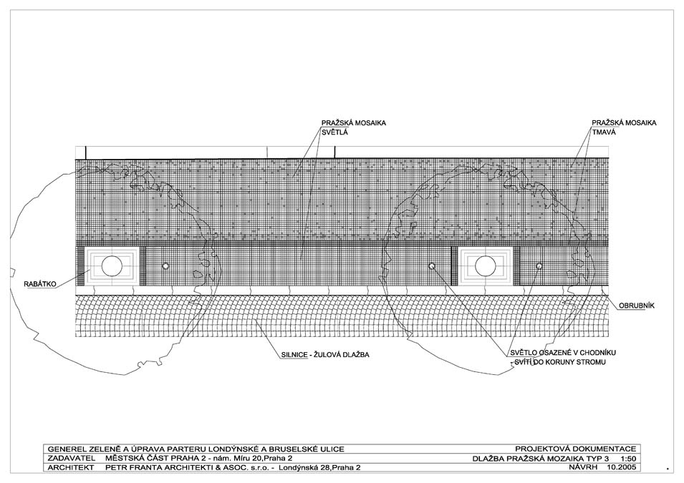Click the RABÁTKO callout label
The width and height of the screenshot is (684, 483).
(40, 284)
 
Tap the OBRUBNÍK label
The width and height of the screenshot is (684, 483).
(637, 306)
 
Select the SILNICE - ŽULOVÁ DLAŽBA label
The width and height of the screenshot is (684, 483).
(325, 355)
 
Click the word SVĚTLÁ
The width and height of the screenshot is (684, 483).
(335, 132)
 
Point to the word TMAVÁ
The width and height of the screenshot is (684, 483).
(604, 132)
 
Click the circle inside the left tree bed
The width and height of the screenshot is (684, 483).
(112, 266)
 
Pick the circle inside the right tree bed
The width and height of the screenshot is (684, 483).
(485, 266)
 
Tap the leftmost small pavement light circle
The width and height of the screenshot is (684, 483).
(165, 266)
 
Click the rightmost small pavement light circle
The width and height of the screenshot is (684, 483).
(539, 266)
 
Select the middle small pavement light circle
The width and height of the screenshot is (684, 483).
(432, 266)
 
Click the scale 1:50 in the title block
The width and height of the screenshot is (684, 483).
(628, 459)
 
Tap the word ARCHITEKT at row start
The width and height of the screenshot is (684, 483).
(71, 468)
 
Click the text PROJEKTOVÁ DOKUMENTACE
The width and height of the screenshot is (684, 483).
(575, 449)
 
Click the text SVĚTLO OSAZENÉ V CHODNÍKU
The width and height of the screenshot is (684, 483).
(563, 353)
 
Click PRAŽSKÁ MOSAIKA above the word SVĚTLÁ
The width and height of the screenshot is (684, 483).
(354, 123)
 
